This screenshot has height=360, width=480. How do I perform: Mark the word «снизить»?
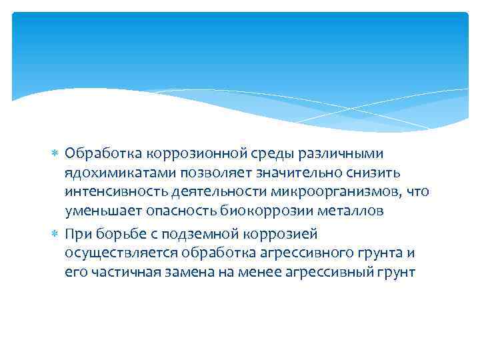(x=376, y=173)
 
